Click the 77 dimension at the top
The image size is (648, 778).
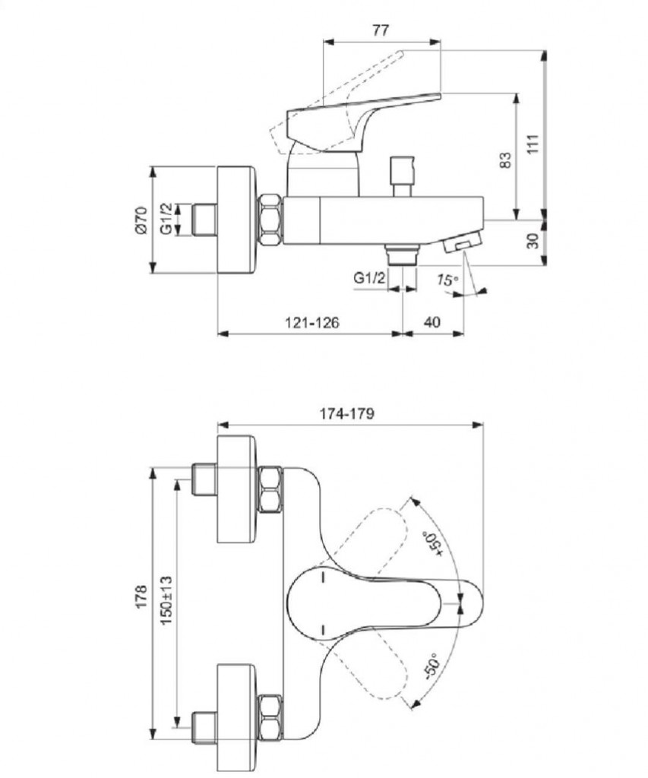pyautogui.click(x=381, y=30)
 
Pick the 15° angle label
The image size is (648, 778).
pyautogui.click(x=448, y=280)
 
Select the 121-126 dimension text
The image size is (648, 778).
pyautogui.click(x=312, y=322)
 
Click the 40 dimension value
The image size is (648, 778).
pyautogui.click(x=431, y=322)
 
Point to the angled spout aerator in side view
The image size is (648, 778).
pyautogui.click(x=461, y=243)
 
